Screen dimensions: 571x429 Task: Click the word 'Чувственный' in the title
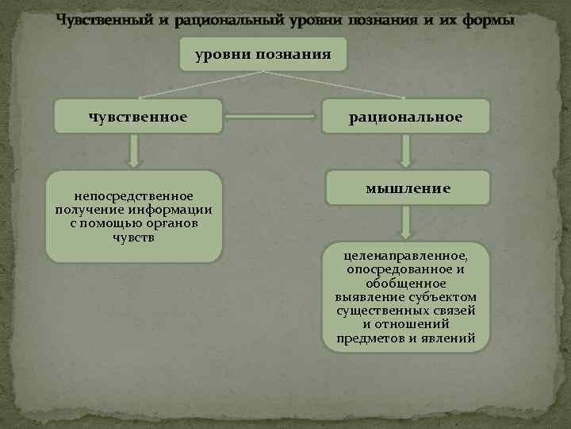click(x=98, y=20)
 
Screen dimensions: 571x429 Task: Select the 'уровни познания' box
click(x=263, y=55)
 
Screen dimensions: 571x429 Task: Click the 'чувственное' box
click(x=138, y=117)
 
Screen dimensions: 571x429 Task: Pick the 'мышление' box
click(x=407, y=188)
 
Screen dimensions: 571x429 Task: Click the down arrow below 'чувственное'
click(x=135, y=150)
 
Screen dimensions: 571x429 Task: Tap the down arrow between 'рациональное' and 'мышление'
click(x=406, y=150)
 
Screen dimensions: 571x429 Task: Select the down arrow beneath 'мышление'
click(x=406, y=223)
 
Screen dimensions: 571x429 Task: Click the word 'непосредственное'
click(x=133, y=195)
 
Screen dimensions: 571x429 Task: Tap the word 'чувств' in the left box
click(x=133, y=238)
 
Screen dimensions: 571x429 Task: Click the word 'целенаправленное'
click(x=405, y=257)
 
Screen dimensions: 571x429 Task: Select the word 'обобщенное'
click(x=405, y=284)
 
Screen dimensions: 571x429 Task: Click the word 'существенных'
click(x=377, y=311)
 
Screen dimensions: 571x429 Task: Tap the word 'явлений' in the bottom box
click(x=450, y=338)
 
